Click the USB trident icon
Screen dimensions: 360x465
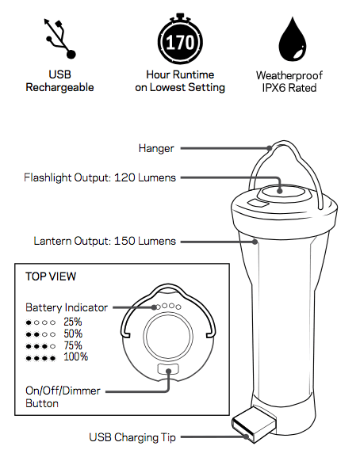point(60,39)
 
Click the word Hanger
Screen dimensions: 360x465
point(156,148)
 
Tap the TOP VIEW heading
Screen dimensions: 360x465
point(51,276)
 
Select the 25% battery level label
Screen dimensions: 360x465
point(73,322)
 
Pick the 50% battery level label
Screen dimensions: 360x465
point(73,334)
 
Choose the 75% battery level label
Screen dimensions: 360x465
point(73,345)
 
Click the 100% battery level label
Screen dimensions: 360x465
point(76,356)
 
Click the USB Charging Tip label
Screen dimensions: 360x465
point(132,437)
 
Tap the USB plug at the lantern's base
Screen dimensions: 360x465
point(254,425)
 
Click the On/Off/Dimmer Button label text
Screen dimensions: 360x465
point(63,397)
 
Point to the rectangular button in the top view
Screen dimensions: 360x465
point(168,369)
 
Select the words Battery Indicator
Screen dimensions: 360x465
point(67,307)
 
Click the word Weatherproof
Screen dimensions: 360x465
point(289,75)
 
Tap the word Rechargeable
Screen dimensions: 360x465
point(59,87)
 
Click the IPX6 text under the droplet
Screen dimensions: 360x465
point(273,88)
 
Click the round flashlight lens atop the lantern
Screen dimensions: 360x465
point(283,192)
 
